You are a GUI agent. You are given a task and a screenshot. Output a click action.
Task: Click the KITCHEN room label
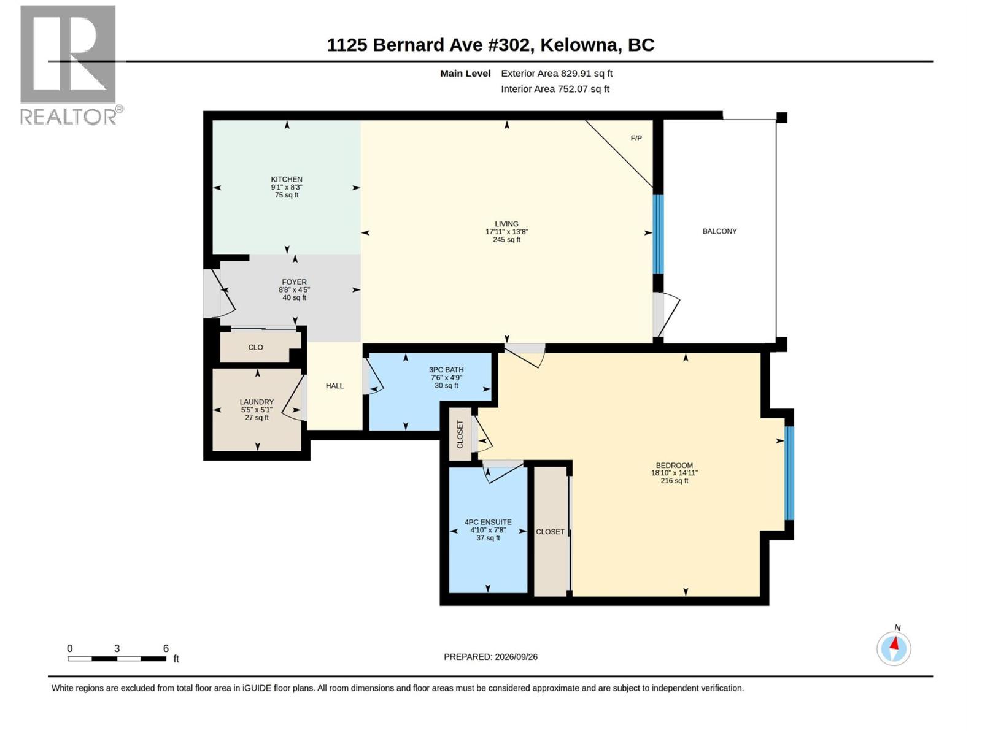click(x=287, y=179)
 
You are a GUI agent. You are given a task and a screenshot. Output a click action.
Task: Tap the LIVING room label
click(x=506, y=224)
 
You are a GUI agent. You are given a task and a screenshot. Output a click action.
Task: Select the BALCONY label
click(x=719, y=231)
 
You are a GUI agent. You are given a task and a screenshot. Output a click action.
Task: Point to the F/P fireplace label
click(x=636, y=138)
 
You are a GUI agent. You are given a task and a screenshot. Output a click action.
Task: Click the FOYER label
click(x=295, y=282)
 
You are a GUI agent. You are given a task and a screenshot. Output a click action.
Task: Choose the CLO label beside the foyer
click(x=255, y=347)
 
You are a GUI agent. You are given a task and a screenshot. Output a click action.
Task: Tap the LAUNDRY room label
click(x=257, y=402)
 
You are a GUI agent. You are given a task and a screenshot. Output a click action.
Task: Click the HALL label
click(x=334, y=386)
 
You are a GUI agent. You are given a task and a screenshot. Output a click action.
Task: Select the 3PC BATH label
click(x=446, y=370)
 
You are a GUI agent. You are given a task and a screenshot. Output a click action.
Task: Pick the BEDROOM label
click(x=674, y=465)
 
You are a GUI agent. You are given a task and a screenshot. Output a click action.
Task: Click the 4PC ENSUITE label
click(x=488, y=522)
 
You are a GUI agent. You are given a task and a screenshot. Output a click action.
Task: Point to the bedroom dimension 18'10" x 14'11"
click(x=674, y=473)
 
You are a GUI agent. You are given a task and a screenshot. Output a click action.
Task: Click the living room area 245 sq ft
click(x=506, y=240)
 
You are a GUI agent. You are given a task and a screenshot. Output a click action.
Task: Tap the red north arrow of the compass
click(x=894, y=643)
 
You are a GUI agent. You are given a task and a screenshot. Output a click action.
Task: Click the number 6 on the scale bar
click(x=166, y=648)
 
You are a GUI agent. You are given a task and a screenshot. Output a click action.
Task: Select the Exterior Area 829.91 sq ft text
click(x=557, y=73)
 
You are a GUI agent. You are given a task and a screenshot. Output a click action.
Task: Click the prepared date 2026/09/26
click(x=516, y=657)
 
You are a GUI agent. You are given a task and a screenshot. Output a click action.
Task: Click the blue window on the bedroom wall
click(x=789, y=473)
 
